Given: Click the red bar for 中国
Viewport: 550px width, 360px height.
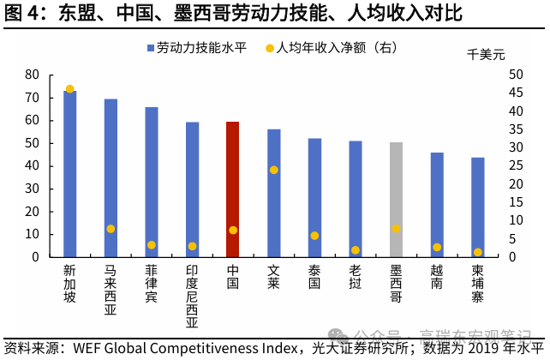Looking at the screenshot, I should (x=232, y=189).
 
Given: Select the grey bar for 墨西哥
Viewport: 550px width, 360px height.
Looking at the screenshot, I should (x=396, y=199).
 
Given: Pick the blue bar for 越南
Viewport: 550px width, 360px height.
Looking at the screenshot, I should (x=437, y=204).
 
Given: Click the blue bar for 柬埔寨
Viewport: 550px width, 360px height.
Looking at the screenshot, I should (x=477, y=207).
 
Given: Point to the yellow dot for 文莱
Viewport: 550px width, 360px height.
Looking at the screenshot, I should (x=274, y=170).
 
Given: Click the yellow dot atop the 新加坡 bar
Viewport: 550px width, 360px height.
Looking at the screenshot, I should (x=69, y=89).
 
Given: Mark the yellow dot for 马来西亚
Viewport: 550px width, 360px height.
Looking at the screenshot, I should (x=111, y=229).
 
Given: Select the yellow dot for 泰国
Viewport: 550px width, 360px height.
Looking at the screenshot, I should (x=314, y=236).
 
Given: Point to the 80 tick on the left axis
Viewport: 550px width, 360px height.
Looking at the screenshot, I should (x=32, y=75).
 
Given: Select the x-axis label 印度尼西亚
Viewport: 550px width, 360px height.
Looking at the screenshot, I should (x=192, y=297).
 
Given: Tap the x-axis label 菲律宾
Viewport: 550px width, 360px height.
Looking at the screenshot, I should (x=151, y=284).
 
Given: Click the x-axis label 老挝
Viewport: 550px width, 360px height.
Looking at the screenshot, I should (x=355, y=277).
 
